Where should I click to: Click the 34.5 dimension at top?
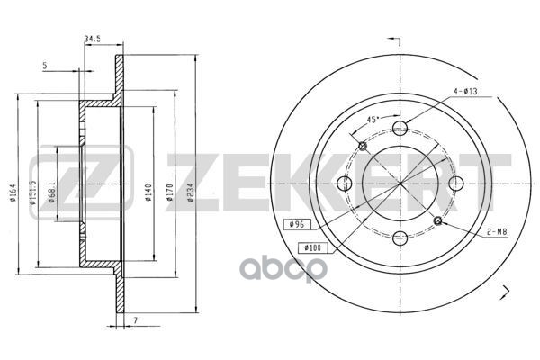(91, 38)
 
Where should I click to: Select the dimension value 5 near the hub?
(45, 65)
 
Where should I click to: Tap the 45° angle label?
(372, 120)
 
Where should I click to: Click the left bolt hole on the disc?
(343, 184)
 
